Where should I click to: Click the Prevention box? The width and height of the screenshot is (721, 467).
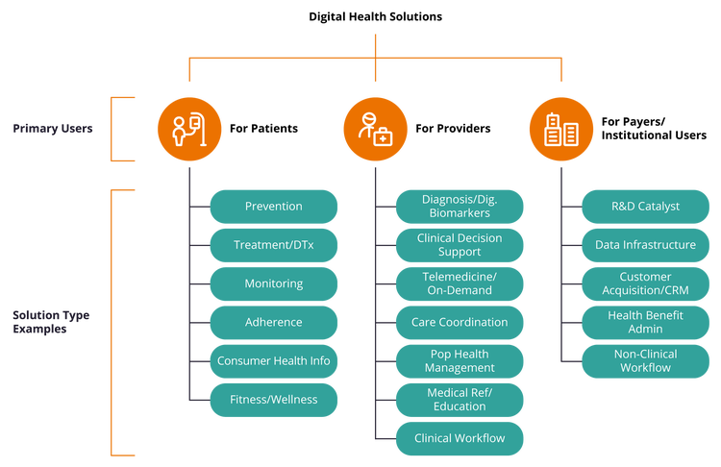(x=274, y=207)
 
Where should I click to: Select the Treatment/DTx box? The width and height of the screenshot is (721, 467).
(x=274, y=245)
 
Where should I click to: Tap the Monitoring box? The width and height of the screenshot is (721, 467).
(x=274, y=283)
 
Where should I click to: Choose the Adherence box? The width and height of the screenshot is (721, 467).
(x=274, y=322)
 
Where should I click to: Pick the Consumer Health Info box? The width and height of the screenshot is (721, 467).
(x=274, y=361)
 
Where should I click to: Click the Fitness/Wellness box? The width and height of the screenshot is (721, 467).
(x=274, y=400)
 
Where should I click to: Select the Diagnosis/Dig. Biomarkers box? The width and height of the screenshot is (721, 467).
(x=460, y=207)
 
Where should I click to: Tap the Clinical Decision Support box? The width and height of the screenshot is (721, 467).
(x=460, y=245)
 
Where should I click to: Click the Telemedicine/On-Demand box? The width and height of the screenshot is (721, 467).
(x=460, y=283)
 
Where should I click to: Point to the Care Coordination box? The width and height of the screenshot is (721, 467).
(x=460, y=322)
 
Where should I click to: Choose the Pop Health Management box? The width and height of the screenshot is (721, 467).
(x=460, y=361)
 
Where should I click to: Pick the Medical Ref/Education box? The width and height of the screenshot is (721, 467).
(x=460, y=400)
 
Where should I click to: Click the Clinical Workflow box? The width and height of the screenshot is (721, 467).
(x=460, y=438)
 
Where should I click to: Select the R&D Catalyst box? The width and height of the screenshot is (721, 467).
(x=645, y=207)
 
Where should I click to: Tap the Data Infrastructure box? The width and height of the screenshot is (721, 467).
(x=645, y=245)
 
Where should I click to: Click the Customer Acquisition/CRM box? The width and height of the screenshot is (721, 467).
(x=645, y=283)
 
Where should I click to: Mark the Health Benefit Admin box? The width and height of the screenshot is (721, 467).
(x=645, y=322)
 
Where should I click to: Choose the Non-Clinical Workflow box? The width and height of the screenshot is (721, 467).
(x=645, y=361)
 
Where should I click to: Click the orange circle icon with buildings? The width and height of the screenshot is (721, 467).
(x=561, y=129)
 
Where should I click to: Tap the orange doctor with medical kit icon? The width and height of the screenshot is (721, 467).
(x=375, y=129)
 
